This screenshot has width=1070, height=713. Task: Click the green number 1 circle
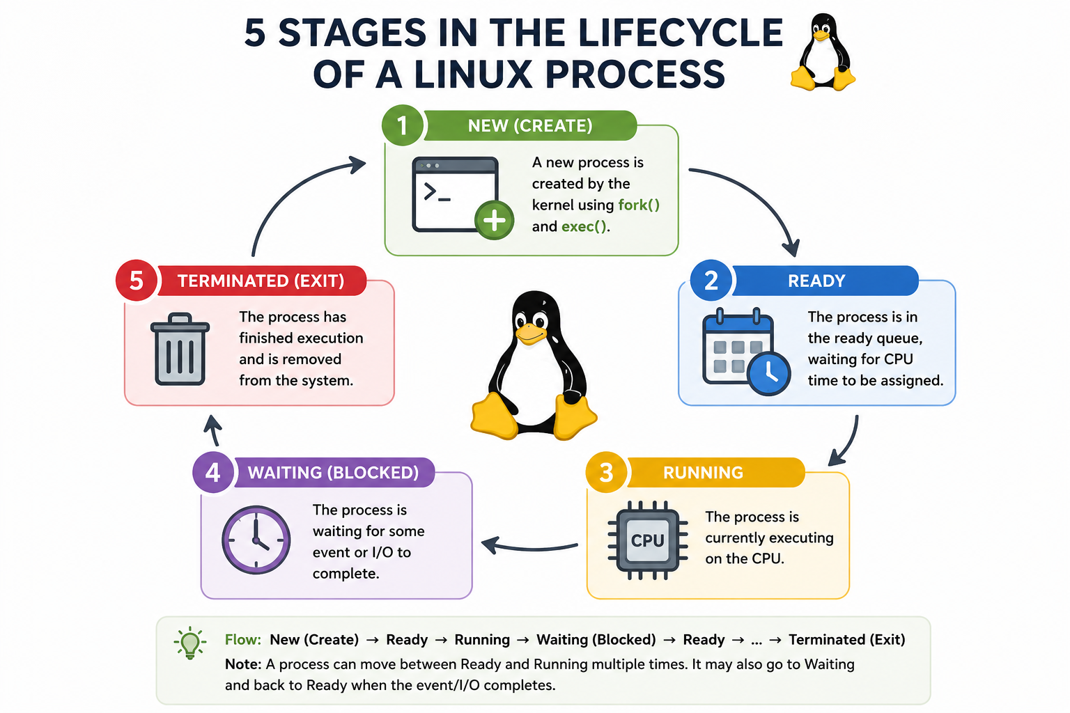(x=402, y=125)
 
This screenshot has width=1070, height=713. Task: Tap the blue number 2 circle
(x=711, y=281)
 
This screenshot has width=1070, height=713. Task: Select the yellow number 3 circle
(x=606, y=472)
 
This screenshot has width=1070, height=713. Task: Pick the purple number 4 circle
(x=213, y=472)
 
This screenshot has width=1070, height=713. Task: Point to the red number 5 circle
(x=137, y=281)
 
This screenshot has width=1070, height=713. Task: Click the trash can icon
(x=180, y=349)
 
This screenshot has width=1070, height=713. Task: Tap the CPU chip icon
(x=648, y=540)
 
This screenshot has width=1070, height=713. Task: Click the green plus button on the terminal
(x=495, y=221)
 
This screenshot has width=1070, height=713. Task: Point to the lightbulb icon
(x=190, y=643)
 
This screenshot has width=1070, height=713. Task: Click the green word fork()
(x=639, y=205)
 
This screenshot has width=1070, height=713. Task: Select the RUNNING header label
(x=703, y=472)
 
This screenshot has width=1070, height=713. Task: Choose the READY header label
(x=816, y=281)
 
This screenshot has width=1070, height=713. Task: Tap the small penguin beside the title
(x=823, y=52)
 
